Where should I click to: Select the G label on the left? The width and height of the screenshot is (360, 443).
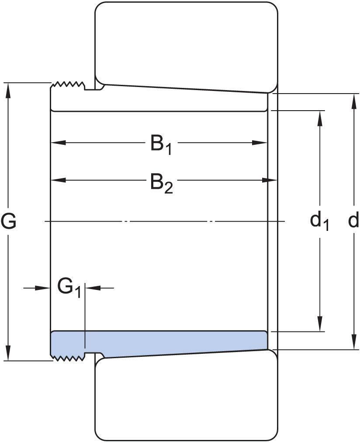point(8,221)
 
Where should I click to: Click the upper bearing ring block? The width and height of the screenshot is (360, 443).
point(187,44)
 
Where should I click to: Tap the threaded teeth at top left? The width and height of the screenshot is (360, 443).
point(68,85)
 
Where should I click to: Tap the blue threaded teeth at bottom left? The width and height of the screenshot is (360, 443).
point(68,358)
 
